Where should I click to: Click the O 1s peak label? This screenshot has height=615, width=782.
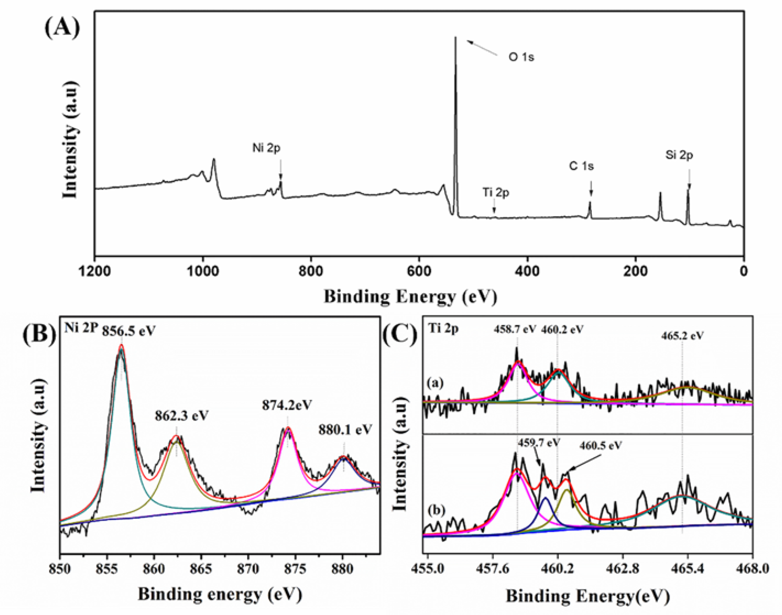click(x=521, y=57)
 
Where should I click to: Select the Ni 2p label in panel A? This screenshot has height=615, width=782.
click(x=266, y=148)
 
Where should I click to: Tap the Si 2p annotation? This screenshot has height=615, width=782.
click(x=679, y=155)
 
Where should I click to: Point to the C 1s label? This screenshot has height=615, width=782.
click(x=581, y=166)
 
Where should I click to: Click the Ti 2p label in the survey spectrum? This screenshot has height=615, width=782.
click(x=496, y=193)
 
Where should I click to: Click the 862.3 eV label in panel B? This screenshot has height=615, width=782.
click(x=182, y=416)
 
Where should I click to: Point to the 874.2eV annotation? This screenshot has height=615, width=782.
click(x=287, y=405)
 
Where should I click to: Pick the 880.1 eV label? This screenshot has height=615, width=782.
click(x=345, y=429)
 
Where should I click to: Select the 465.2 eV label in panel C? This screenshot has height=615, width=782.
click(x=682, y=336)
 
